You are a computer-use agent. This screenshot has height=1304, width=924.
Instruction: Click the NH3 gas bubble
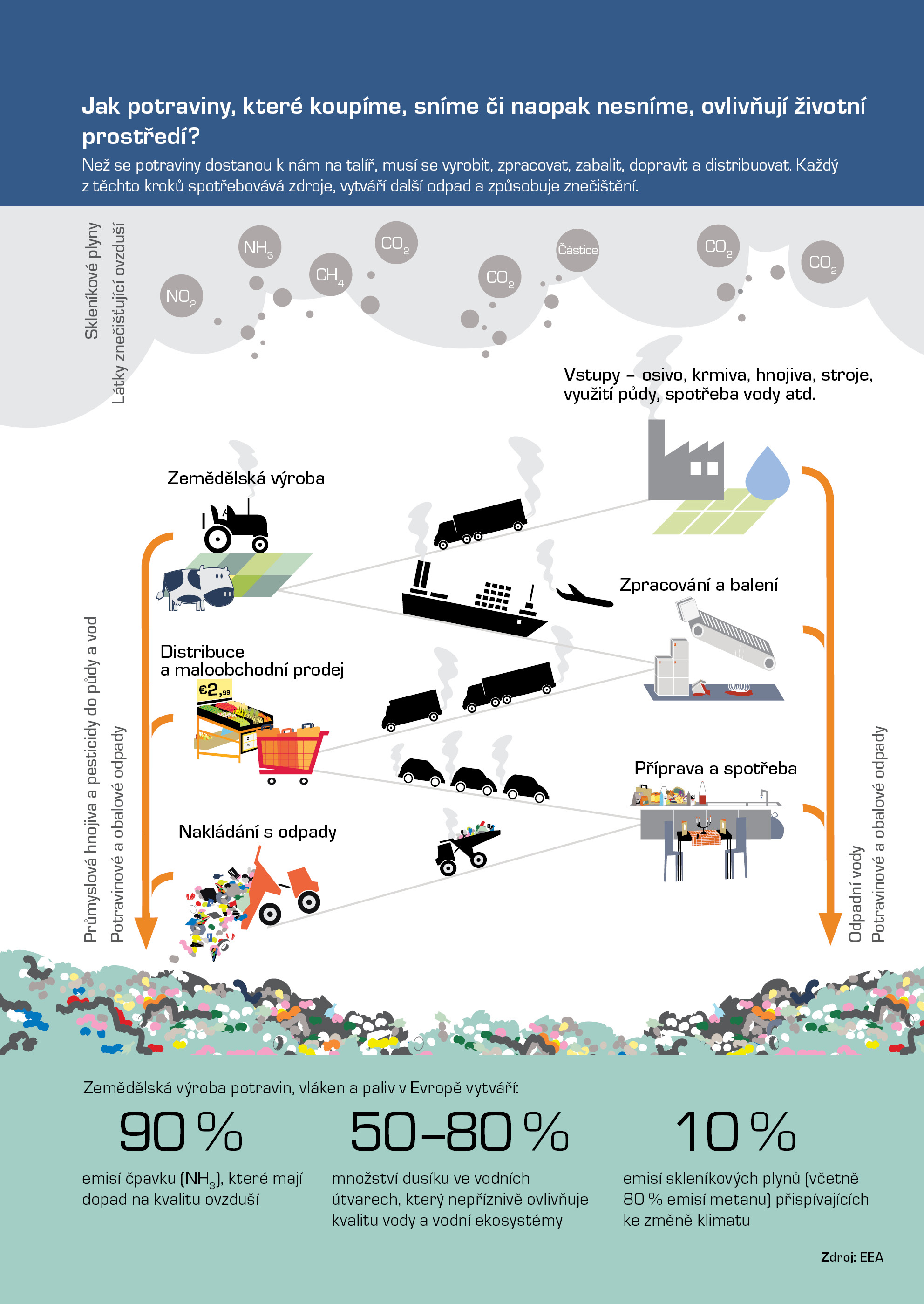(259, 246)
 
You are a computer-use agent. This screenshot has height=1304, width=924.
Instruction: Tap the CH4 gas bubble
(330, 274)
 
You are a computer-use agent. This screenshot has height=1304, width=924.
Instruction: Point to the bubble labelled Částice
(577, 250)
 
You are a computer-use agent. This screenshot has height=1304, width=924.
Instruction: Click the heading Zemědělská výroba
(246, 478)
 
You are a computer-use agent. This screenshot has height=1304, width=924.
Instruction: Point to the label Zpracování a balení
(698, 585)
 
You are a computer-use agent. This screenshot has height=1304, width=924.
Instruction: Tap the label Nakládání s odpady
(257, 832)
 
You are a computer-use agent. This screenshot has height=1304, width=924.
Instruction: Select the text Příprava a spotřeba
(715, 768)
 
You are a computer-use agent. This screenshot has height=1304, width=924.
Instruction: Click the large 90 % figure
(181, 1132)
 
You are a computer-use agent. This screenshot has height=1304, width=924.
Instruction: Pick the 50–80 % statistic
(459, 1132)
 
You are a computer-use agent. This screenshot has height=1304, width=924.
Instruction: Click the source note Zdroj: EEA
(852, 1257)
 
